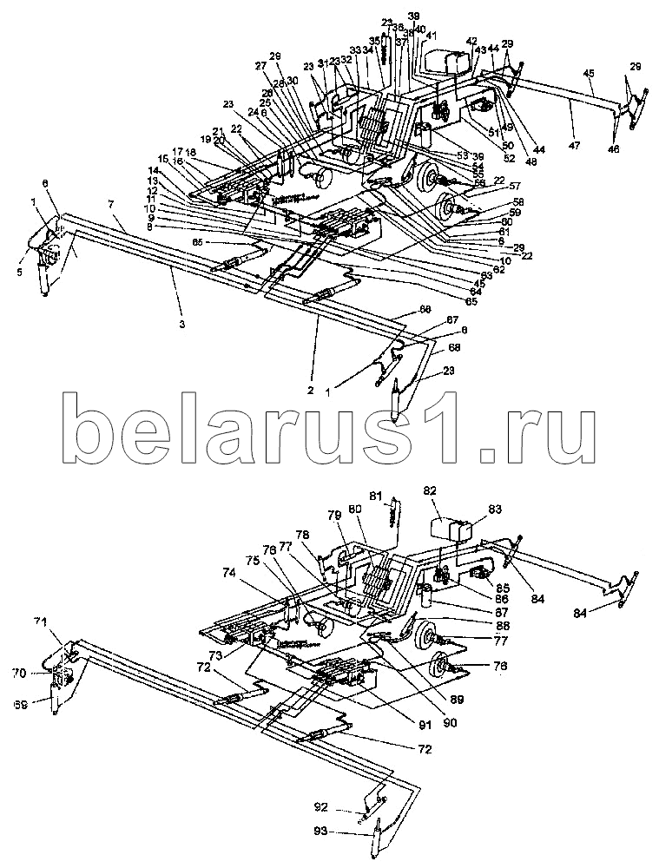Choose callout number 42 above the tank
[x=471, y=41]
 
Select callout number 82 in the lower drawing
[x=430, y=490]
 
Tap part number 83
[x=495, y=510]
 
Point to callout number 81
[x=375, y=496]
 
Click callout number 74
[x=228, y=572]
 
